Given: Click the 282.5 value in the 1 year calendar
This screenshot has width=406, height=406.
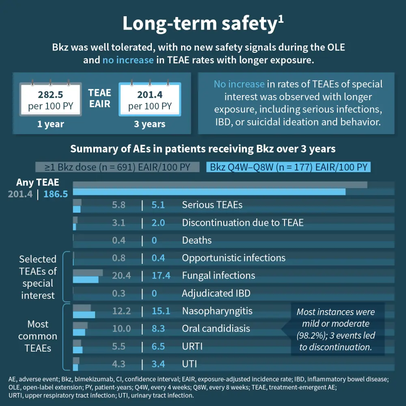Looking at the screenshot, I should click(51, 95).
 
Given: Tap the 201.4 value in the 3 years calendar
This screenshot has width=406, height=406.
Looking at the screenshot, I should click(150, 95).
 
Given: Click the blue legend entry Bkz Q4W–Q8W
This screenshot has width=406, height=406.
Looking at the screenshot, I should click(289, 167).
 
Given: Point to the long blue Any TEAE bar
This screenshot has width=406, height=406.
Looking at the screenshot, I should click(209, 192).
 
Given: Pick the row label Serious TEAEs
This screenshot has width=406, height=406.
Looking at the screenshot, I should click(212, 205).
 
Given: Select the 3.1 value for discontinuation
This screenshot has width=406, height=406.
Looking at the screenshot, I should click(119, 222).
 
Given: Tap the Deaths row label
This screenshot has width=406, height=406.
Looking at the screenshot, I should click(197, 240).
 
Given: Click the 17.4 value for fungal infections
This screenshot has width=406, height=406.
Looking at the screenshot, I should click(160, 276).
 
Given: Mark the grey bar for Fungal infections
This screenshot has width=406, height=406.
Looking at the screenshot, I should click(88, 272).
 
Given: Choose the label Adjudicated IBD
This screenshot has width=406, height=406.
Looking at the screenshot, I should click(216, 293).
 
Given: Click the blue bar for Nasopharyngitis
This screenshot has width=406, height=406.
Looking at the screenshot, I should click(84, 315).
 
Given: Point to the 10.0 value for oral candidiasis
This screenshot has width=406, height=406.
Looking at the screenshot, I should click(121, 328).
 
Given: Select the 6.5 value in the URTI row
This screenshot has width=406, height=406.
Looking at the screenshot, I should click(158, 346).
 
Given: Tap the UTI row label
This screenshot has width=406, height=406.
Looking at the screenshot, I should click(189, 364).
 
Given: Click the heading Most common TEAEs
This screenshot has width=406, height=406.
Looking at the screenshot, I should click(38, 336).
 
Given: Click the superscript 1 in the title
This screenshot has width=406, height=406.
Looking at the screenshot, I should click(281, 19).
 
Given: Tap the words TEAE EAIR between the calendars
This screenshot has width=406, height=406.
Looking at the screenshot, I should click(99, 98).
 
